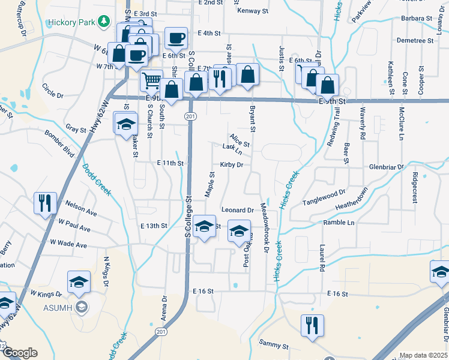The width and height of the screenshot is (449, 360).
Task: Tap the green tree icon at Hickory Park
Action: coord(105,22)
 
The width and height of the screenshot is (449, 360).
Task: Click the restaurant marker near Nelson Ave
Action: coord(46,203)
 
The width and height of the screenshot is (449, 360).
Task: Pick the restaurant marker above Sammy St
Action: coord(312,325)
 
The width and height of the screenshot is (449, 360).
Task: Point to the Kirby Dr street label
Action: coord(231,164)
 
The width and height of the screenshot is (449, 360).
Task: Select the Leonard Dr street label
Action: coord(238,210)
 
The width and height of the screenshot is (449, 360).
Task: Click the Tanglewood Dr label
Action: coord(325,197)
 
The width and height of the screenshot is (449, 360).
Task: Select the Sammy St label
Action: coord(274,346)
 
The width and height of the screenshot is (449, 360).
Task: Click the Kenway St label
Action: coord(253,11)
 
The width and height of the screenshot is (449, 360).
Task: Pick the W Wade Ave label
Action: coord(68,244)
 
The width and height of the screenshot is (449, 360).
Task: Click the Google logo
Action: coord(19,353)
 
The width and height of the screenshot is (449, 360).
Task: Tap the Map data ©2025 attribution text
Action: coord(424,355)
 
